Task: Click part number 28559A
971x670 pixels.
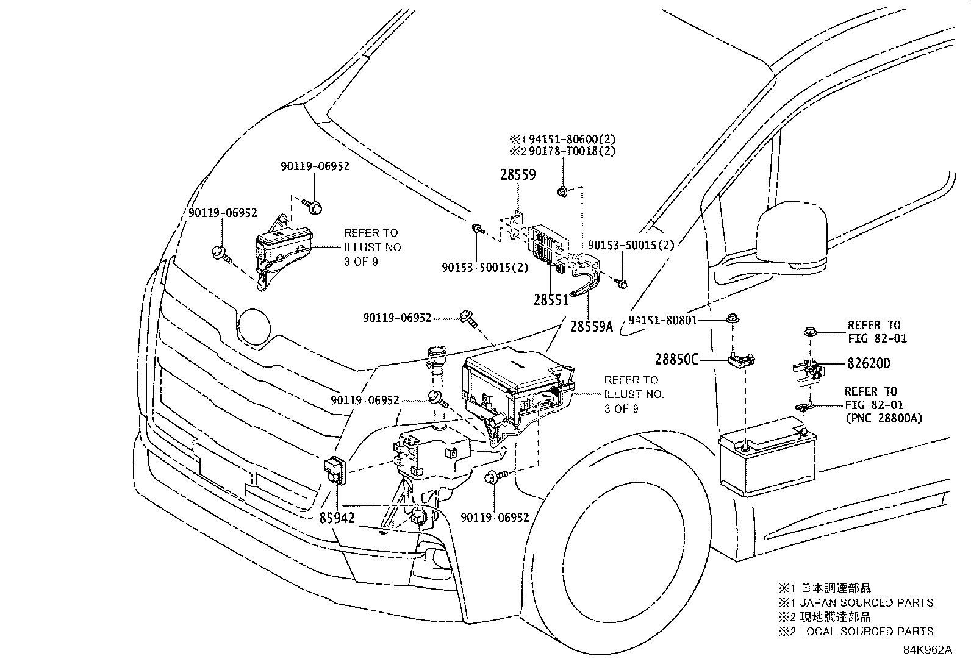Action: coord(591,326)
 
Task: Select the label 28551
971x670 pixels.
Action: coord(551,300)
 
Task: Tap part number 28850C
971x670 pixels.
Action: coord(676,360)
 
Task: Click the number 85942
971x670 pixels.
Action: coord(337,518)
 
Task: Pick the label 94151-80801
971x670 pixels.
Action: coord(662,320)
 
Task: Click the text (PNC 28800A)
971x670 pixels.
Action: coord(883,418)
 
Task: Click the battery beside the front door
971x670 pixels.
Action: coord(767,457)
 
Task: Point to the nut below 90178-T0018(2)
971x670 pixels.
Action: coord(562,193)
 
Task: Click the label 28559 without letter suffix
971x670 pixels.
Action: coord(518,175)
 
